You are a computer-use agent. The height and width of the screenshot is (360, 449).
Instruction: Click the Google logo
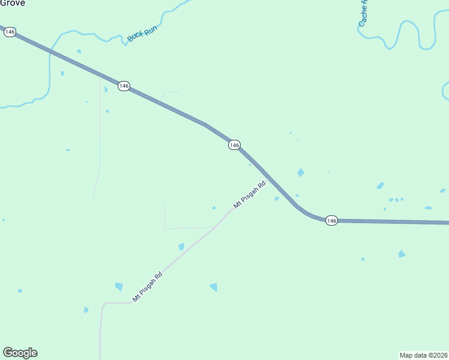coord(20,353)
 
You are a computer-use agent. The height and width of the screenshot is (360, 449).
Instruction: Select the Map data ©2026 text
coord(424,355)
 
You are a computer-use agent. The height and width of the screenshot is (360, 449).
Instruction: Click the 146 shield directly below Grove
coord(10,32)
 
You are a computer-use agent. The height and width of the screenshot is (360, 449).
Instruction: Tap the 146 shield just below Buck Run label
coord(124,86)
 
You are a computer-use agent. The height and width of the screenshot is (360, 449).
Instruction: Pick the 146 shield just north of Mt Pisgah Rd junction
coord(234,145)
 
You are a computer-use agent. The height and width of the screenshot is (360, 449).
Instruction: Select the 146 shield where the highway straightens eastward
coord(332,221)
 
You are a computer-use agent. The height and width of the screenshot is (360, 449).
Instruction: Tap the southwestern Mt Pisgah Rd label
coord(148,287)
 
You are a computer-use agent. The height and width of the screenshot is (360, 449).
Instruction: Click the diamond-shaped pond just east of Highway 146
coord(301,173)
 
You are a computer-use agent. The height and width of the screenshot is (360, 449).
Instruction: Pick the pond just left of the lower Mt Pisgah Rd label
coord(119,287)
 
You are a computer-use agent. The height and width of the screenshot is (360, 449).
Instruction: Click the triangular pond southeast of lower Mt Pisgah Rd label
coord(214,287)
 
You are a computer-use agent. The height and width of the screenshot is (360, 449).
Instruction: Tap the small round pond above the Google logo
coord(20,291)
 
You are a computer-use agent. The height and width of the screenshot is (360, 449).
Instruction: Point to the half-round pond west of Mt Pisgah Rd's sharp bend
coord(86,310)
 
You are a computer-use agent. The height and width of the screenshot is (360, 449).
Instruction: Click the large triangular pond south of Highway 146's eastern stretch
coord(402,254)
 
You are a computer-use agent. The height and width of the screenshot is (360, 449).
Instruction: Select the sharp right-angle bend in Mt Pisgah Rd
coord(103,304)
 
